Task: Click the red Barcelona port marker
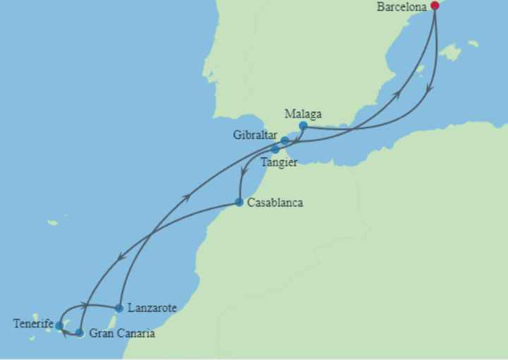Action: [x=435, y=6]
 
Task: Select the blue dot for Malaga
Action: [x=303, y=126]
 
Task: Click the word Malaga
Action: [x=303, y=113]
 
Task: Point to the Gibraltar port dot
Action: [x=285, y=140]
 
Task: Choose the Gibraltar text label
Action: [x=255, y=135]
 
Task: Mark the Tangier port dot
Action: [x=275, y=150]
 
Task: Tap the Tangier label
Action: [x=279, y=162]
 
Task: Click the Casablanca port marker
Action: [x=239, y=203]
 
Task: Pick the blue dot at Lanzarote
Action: [x=119, y=308]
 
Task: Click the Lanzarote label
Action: [x=152, y=308]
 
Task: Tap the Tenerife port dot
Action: [x=59, y=326]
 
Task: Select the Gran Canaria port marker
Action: [x=80, y=332]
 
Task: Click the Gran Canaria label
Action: [x=121, y=333]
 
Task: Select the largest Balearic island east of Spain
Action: [x=449, y=52]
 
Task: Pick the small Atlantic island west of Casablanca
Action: [x=53, y=222]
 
